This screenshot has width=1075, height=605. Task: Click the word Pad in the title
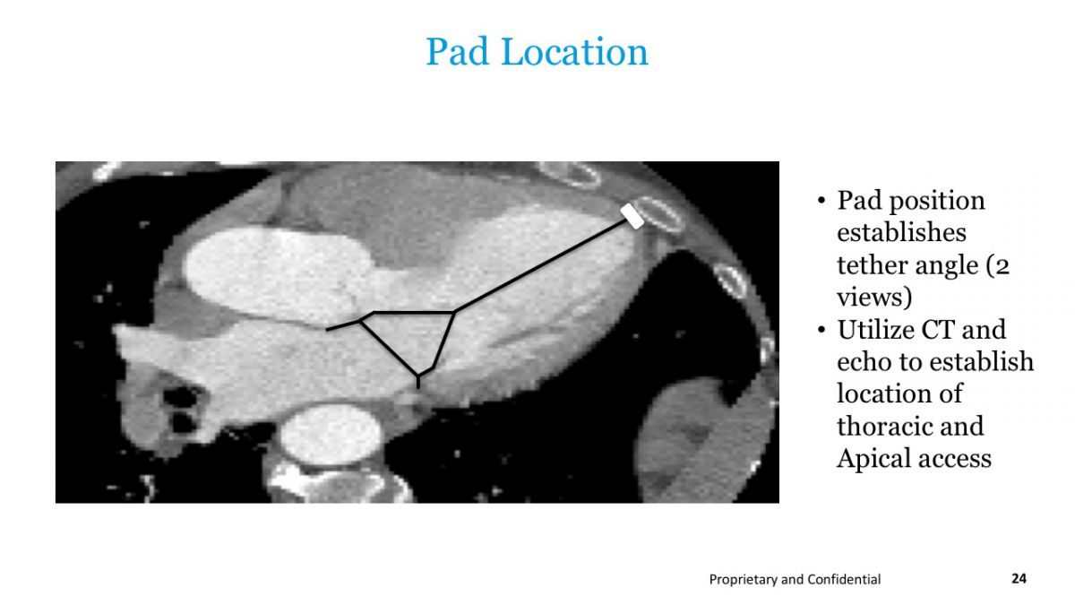(x=458, y=51)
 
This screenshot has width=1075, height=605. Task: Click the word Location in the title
(x=574, y=51)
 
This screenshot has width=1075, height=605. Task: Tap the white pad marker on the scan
(x=632, y=216)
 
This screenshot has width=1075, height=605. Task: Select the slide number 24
(x=1019, y=578)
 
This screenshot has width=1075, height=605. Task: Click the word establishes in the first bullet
(x=901, y=233)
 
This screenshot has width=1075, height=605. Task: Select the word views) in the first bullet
(x=874, y=298)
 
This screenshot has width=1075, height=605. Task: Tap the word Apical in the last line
(x=872, y=459)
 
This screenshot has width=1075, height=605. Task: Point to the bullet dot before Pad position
(x=821, y=201)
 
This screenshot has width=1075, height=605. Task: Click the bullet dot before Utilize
(x=821, y=330)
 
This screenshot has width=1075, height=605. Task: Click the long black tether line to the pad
(x=540, y=266)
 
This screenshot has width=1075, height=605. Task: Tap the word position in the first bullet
(x=937, y=202)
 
